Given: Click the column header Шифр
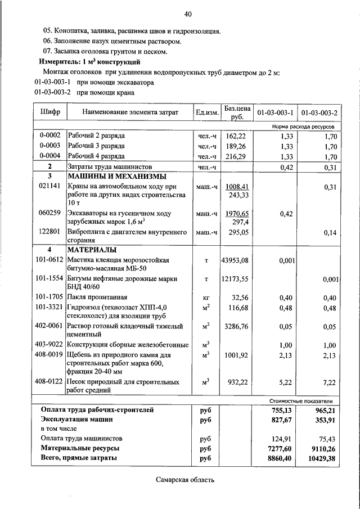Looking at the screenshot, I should point(49,112).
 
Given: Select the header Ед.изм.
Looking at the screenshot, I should point(206,112).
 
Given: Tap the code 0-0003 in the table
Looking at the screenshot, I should point(49,146).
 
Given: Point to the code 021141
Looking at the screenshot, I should point(49,186).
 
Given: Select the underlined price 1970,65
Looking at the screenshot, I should point(236,214).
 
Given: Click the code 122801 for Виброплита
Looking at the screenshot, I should point(49,232).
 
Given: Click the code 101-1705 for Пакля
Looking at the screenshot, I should point(49,297).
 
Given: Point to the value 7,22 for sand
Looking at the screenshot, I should point(330,382).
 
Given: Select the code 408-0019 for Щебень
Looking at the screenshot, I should point(49,355).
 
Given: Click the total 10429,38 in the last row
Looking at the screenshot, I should point(321,458).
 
